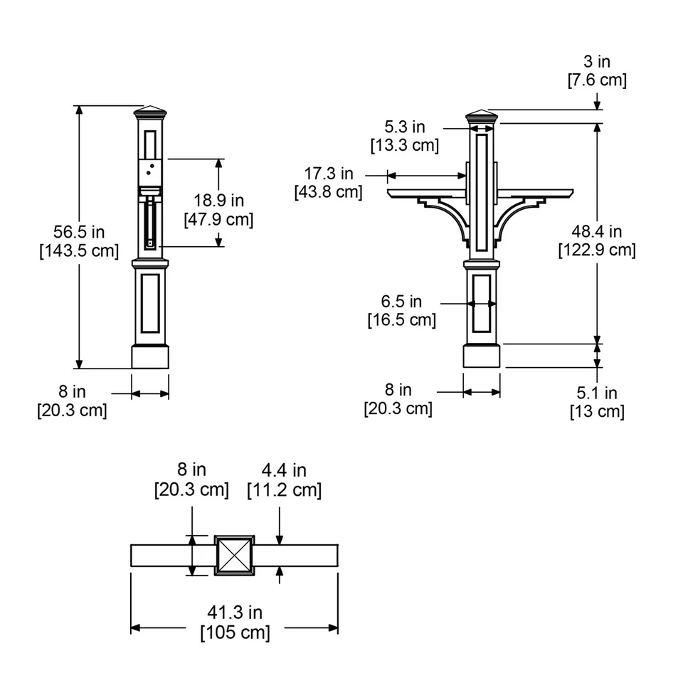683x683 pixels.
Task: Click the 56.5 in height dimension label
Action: pos(78,231)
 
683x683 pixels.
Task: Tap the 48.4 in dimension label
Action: pos(596,231)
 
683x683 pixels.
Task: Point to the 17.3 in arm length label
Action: pos(328,174)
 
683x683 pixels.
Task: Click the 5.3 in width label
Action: pos(404,127)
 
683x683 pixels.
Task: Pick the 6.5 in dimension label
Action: pos(401,302)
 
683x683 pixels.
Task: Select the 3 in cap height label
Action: pos(596,62)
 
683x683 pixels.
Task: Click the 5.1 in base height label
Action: pos(596,393)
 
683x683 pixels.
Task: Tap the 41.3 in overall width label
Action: pos(235,613)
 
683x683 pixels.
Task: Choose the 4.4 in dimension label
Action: pos(284,470)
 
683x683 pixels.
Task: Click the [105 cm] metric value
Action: pos(235,632)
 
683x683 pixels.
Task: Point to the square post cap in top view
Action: pos(235,555)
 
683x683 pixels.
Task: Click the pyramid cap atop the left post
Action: pos(150,112)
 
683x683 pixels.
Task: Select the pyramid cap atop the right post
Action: pos(482,115)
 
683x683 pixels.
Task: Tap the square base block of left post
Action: pos(150,356)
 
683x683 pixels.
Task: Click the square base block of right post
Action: pos(482,356)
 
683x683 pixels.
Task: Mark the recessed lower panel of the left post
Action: pos(150,304)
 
